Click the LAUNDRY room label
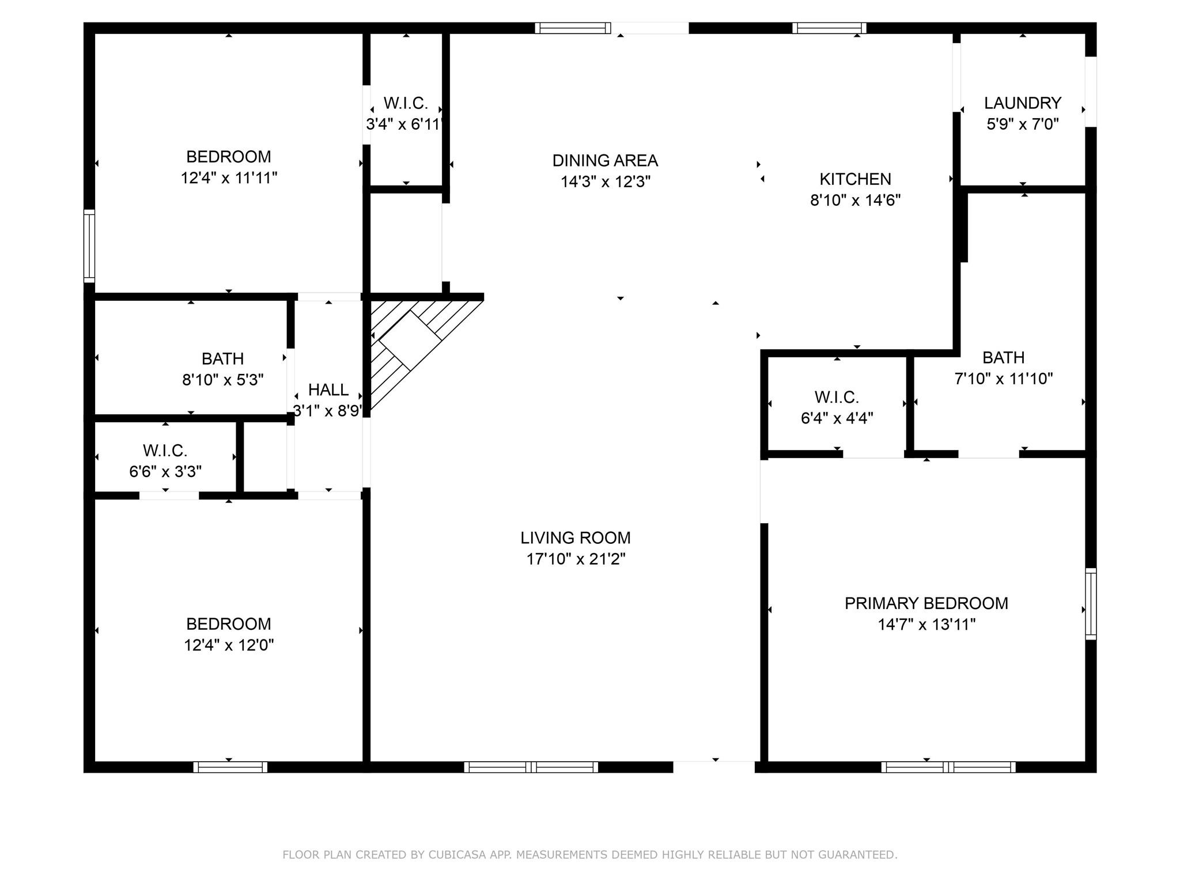[1023, 103]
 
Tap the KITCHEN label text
[855, 179]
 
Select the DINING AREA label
[605, 160]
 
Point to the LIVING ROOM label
[576, 538]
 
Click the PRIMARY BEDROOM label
[926, 603]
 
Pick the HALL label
[328, 390]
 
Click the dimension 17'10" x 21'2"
[576, 559]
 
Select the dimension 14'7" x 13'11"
[926, 625]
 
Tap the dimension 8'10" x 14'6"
[855, 201]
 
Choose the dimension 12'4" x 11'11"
[229, 178]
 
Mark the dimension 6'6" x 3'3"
[165, 472]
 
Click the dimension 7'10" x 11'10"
[1004, 379]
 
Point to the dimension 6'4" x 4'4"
[837, 418]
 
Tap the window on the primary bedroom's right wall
[1091, 604]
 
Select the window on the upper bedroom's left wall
[89, 246]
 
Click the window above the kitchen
[829, 28]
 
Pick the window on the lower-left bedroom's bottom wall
[230, 767]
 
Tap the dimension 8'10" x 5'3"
[223, 380]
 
